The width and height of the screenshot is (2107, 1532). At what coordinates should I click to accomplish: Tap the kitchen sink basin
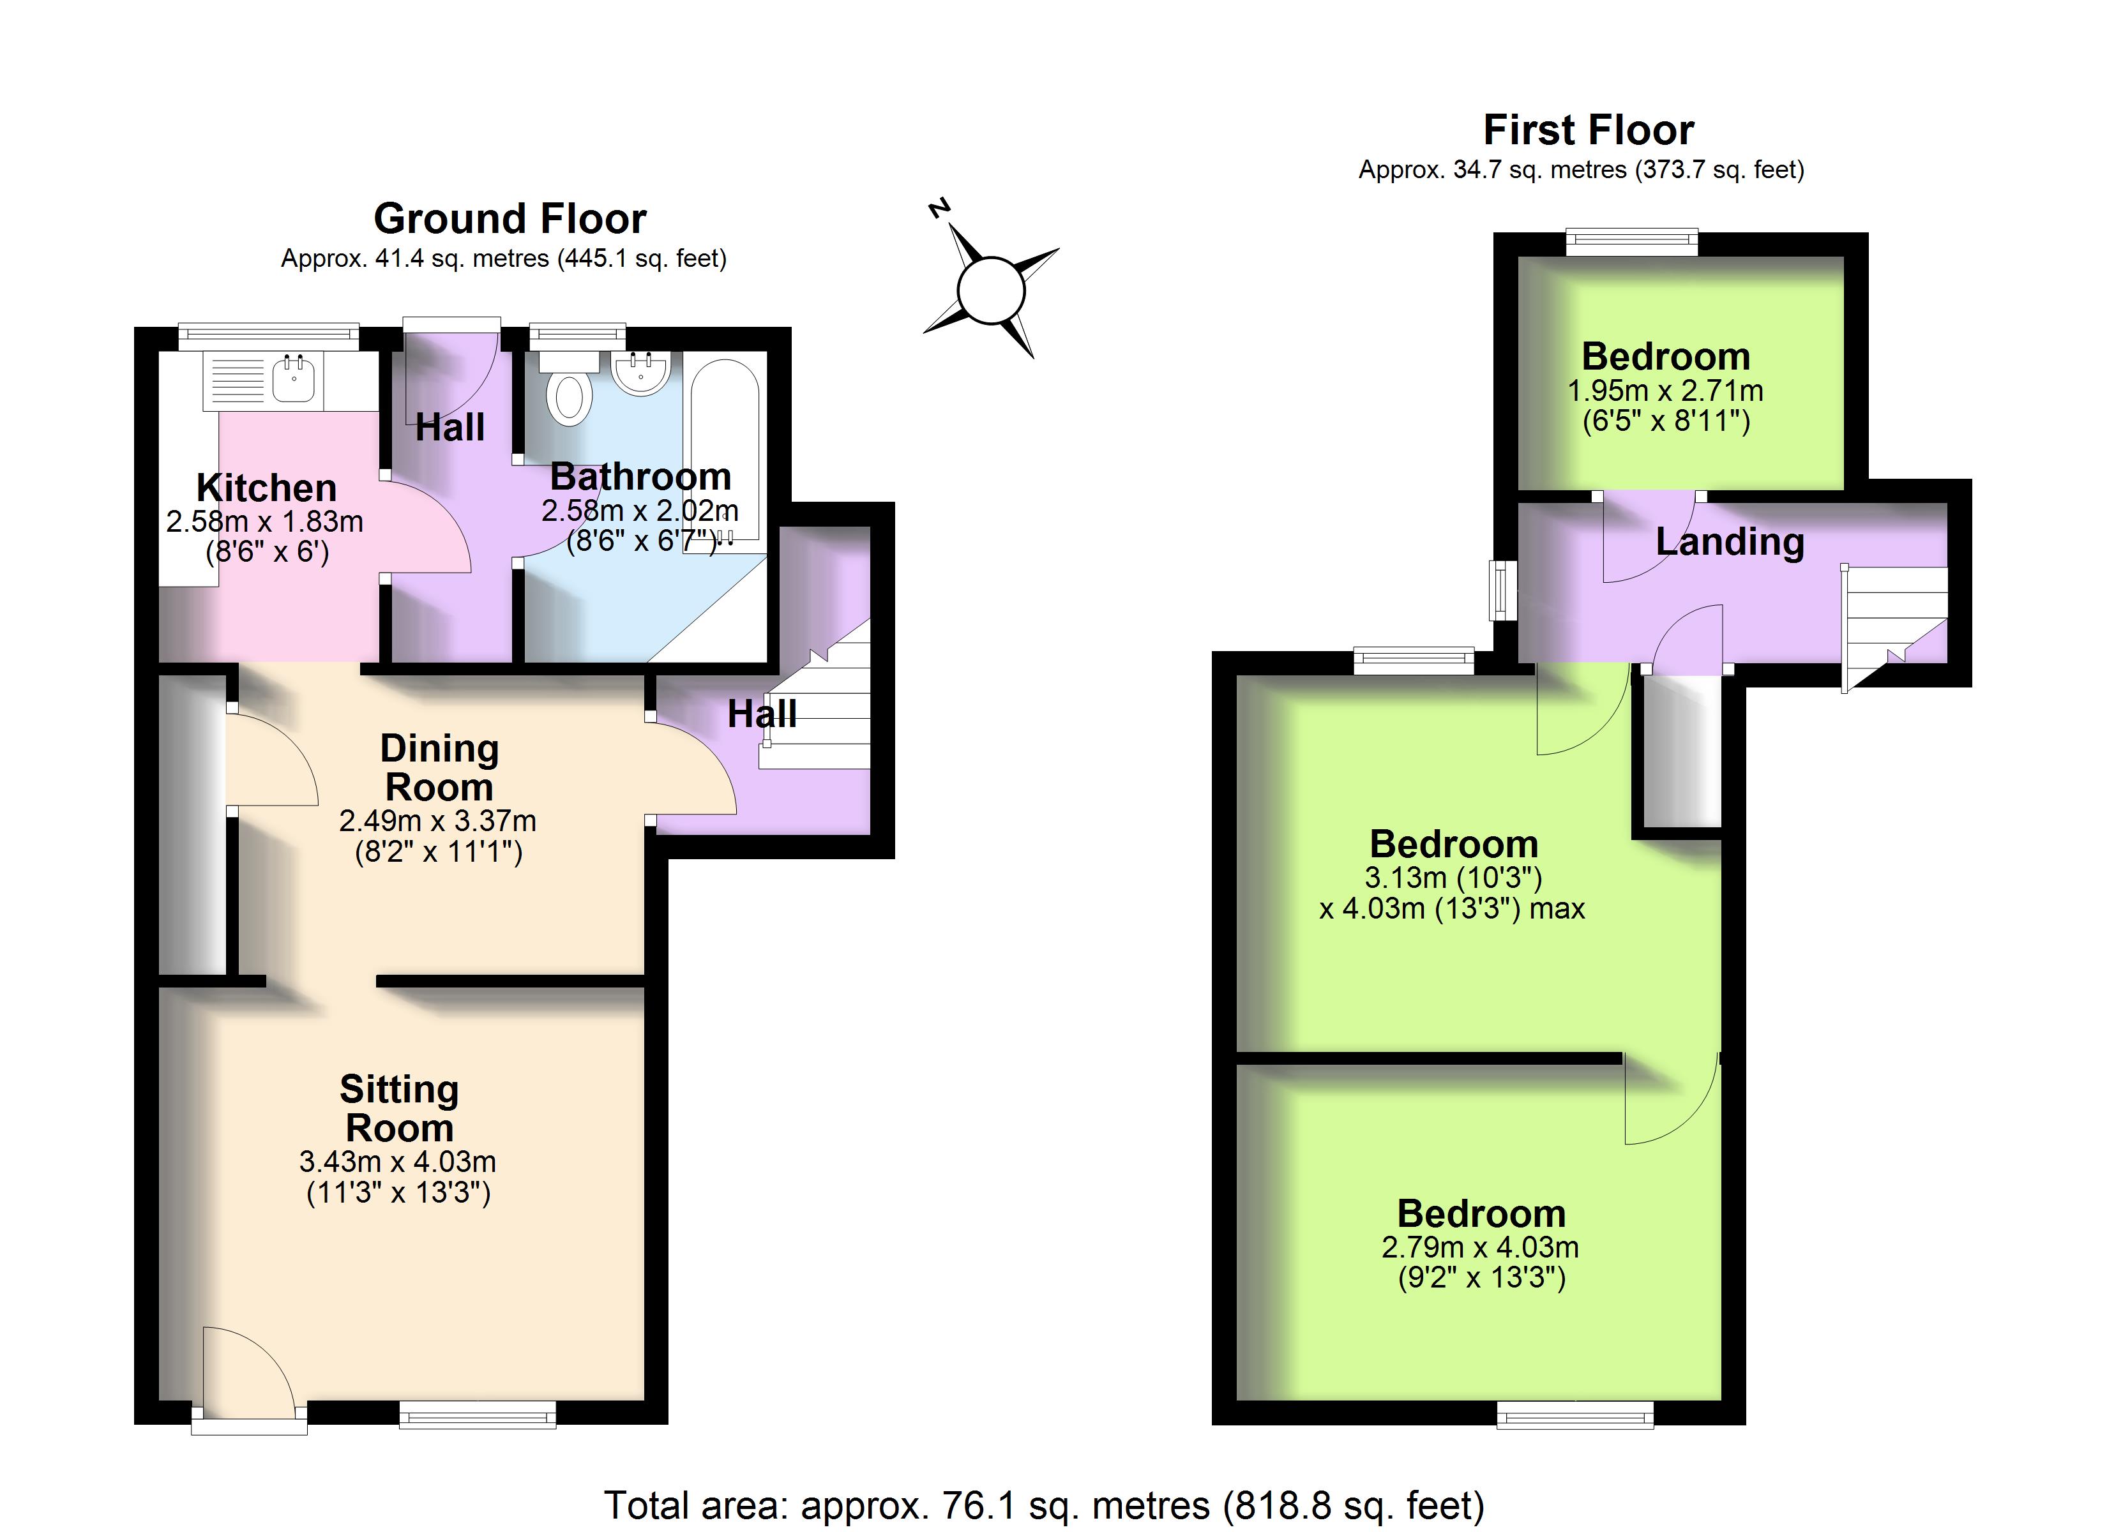point(294,382)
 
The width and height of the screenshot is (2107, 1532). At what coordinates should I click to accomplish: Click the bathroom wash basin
point(641,373)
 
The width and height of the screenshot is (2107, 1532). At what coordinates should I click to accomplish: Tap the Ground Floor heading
point(510,219)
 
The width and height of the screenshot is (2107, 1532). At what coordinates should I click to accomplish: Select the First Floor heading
point(1589,130)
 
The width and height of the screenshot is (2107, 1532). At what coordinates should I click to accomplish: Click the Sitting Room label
point(400,1108)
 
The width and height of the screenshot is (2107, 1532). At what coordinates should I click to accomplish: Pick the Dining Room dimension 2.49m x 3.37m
point(437,822)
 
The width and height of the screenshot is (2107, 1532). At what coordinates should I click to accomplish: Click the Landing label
point(1730,542)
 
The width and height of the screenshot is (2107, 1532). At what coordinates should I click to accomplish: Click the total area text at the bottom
point(1044,1505)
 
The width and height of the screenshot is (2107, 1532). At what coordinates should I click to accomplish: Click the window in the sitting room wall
point(478,1415)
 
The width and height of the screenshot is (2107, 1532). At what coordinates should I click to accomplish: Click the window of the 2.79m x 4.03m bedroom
point(1576,1415)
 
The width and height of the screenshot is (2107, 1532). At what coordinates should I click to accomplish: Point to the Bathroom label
point(641,477)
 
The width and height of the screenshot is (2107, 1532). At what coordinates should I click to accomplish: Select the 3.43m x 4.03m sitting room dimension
point(398,1162)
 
